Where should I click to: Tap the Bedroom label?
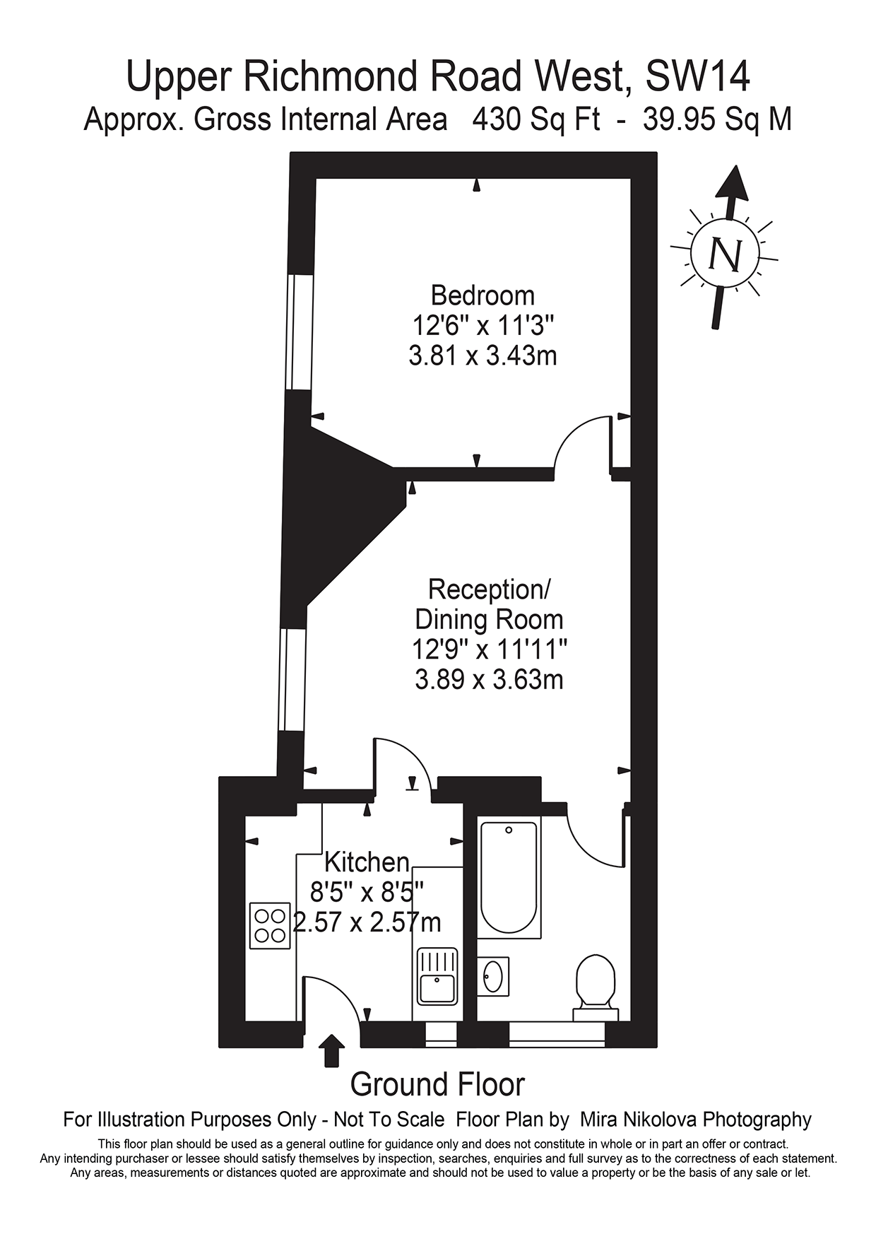coord(483,295)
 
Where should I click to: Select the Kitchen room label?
coord(367,862)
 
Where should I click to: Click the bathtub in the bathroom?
coord(508,876)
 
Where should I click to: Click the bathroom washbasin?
coord(493,976)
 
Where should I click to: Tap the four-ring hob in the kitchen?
coord(270,926)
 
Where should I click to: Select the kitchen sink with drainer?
coord(437,977)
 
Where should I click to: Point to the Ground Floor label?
coord(437,1084)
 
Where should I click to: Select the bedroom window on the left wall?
coord(300,331)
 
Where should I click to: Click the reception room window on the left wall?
coord(292,679)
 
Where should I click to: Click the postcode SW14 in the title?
coord(697,76)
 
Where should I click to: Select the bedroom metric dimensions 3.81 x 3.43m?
coord(483,355)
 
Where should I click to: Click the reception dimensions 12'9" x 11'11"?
coord(489,649)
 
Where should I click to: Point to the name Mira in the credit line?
coord(602,1120)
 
